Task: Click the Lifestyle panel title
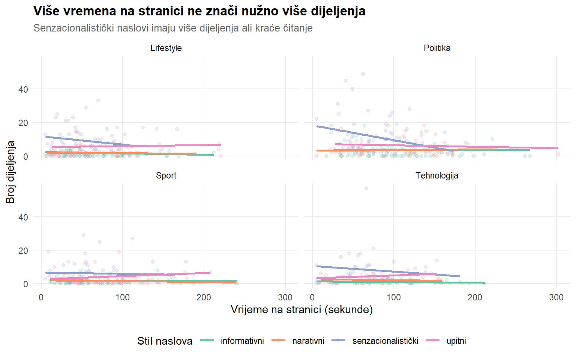pyautogui.click(x=166, y=48)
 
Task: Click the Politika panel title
pyautogui.click(x=437, y=48)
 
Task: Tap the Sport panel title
pyautogui.click(x=166, y=175)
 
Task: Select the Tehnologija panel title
pyautogui.click(x=437, y=175)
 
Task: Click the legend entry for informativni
pyautogui.click(x=242, y=341)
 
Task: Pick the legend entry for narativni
pyautogui.click(x=308, y=341)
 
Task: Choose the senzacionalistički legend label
pyautogui.click(x=385, y=341)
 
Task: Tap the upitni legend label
pyautogui.click(x=456, y=341)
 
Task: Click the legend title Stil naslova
pyautogui.click(x=165, y=341)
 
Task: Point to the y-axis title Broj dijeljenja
pyautogui.click(x=10, y=172)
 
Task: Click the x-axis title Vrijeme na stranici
pyautogui.click(x=301, y=309)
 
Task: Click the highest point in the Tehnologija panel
pyautogui.click(x=366, y=188)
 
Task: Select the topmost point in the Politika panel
pyautogui.click(x=363, y=74)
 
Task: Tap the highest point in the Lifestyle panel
pyautogui.click(x=98, y=100)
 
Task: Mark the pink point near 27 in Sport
pyautogui.click(x=132, y=238)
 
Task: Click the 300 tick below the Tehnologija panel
pyautogui.click(x=556, y=297)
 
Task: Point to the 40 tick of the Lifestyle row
pyautogui.click(x=23, y=89)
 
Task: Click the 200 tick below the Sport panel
pyautogui.click(x=204, y=297)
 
